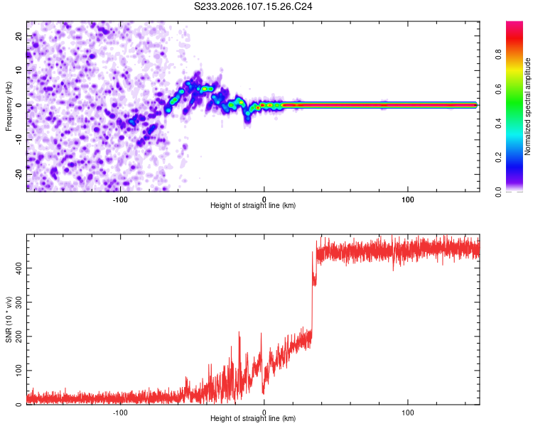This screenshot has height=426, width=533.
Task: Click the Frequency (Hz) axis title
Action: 9,105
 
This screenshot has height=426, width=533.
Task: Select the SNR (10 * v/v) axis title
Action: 9,319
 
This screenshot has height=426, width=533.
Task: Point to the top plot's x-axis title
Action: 253,205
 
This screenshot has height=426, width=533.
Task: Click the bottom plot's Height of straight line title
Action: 253,418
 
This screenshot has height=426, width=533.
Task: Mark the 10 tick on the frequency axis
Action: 18,70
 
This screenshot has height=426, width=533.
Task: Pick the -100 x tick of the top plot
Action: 120,199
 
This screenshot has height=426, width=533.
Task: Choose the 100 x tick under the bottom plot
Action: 408,412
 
